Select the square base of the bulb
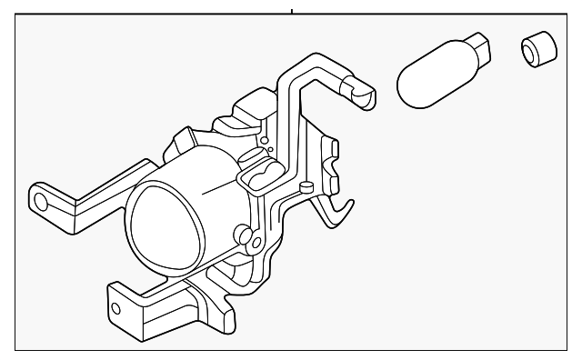(x=477, y=46)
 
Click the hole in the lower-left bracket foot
(x=115, y=308)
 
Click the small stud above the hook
(x=307, y=187)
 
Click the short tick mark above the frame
(x=291, y=12)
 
